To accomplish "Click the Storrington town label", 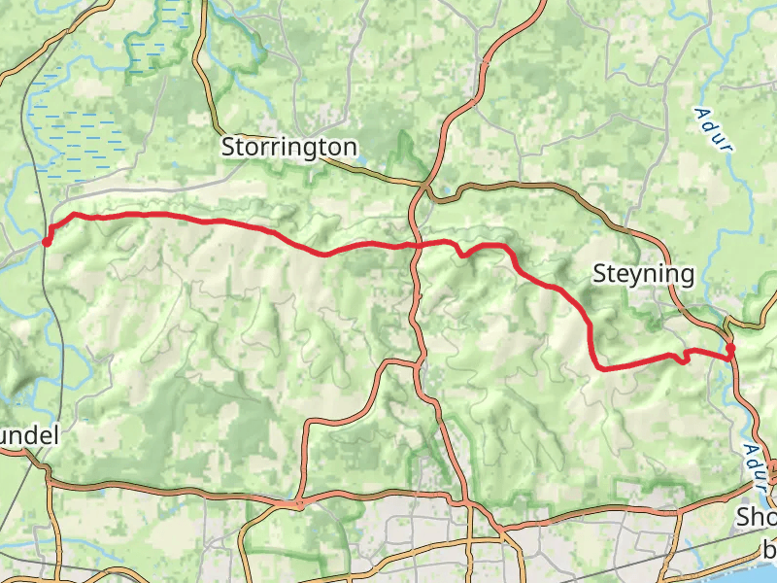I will (289, 147).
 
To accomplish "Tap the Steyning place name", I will (644, 274).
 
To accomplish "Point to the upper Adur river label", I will (713, 127).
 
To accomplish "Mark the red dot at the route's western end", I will (47, 241).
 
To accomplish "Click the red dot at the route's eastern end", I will (730, 348).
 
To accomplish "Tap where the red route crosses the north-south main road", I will (415, 244).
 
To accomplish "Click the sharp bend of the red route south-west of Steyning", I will (596, 366).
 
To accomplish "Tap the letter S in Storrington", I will (228, 147).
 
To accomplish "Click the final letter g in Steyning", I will (687, 277).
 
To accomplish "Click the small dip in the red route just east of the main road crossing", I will (463, 255).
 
